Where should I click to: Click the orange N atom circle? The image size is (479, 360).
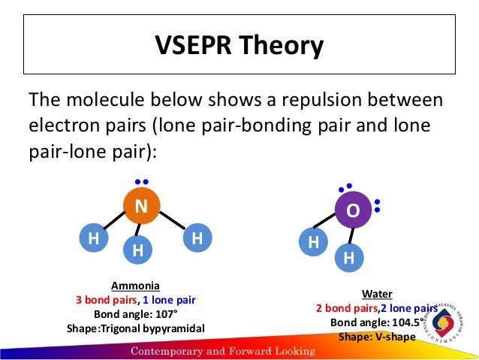tap(140, 206)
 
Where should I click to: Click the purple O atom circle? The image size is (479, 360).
tap(353, 211)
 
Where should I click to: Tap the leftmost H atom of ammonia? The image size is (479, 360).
tap(94, 239)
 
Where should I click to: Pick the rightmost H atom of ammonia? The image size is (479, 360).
tap(197, 239)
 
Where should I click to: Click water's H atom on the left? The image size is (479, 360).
tap(313, 243)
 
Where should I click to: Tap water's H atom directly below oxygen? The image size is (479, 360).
tap(348, 258)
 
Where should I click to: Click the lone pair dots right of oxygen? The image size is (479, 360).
tap(377, 205)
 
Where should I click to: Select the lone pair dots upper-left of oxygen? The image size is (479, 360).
tap(345, 186)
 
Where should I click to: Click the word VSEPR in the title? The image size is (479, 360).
tap(192, 47)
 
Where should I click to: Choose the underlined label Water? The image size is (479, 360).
tap(377, 294)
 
